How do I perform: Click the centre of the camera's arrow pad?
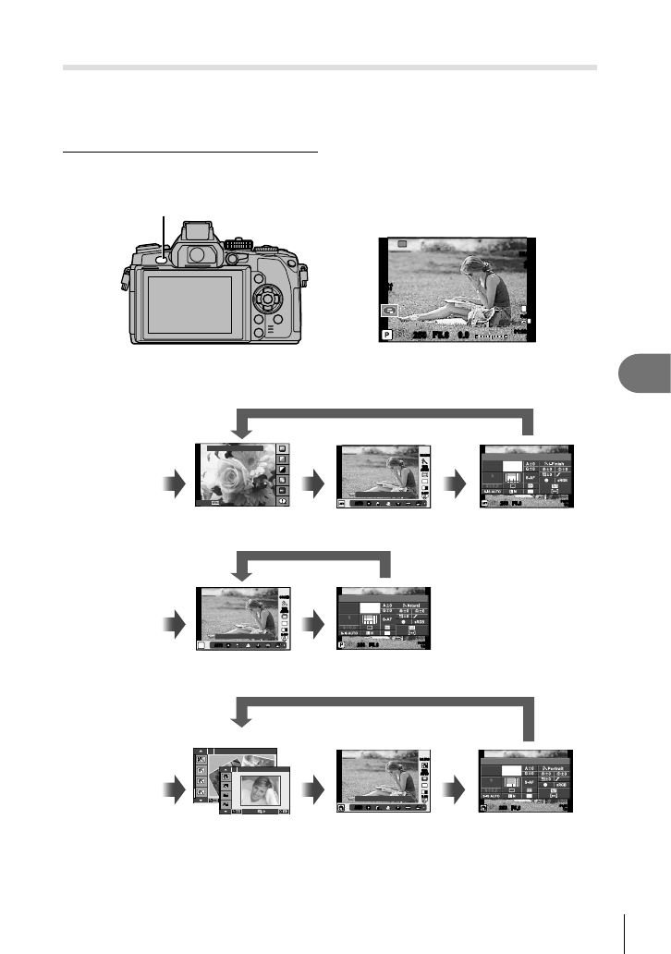click(x=266, y=300)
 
